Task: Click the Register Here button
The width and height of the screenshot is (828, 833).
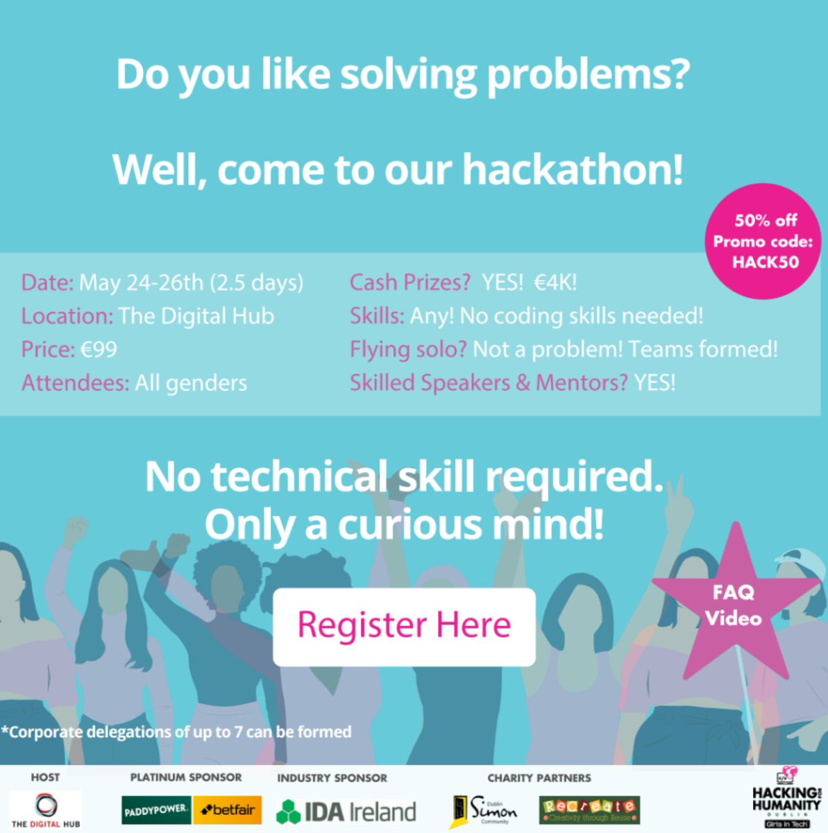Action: [x=404, y=625]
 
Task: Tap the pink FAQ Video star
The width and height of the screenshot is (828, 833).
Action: [x=734, y=606]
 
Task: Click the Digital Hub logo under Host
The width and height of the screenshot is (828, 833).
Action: [x=45, y=809]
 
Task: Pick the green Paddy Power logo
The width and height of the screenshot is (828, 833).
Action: [x=156, y=810]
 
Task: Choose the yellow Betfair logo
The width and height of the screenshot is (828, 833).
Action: [x=227, y=810]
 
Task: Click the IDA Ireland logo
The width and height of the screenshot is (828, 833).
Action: [x=346, y=811]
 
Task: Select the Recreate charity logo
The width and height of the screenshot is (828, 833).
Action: [x=589, y=809]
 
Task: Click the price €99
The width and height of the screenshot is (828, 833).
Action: [x=99, y=348]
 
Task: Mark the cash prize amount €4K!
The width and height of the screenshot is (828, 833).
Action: [x=555, y=282]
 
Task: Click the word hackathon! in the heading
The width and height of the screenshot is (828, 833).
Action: [x=573, y=170]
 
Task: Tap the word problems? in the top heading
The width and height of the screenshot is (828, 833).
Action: [x=587, y=75]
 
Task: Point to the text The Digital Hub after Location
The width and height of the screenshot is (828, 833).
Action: [x=196, y=316]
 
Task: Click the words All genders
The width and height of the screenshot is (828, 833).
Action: [x=191, y=382]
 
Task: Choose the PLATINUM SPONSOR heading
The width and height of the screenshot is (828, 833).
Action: [x=186, y=777]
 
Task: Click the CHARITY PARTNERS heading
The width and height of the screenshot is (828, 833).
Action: [x=539, y=777]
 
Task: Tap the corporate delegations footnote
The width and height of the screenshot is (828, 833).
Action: [x=177, y=732]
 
